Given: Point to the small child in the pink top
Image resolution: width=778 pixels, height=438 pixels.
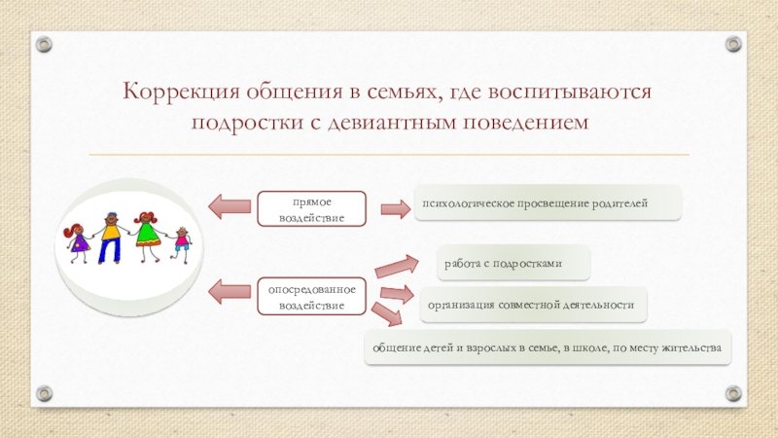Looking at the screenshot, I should pyautogui.click(x=181, y=244).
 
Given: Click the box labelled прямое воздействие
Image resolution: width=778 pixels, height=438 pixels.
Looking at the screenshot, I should pyautogui.click(x=312, y=208).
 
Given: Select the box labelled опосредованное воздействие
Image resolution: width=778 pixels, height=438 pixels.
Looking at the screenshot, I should pyautogui.click(x=312, y=296).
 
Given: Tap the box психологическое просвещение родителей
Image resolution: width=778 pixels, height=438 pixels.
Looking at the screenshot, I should pyautogui.click(x=548, y=202).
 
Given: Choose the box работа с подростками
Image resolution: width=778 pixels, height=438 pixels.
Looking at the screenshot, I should pyautogui.click(x=504, y=263).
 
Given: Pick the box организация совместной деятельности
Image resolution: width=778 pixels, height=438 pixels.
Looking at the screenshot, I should pyautogui.click(x=532, y=305).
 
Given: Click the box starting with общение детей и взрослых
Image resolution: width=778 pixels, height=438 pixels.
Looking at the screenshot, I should pyautogui.click(x=548, y=347).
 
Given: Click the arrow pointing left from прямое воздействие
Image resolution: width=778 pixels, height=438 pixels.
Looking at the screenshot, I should pyautogui.click(x=230, y=205).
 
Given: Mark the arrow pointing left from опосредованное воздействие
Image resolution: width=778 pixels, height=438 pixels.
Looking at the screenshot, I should pyautogui.click(x=230, y=290).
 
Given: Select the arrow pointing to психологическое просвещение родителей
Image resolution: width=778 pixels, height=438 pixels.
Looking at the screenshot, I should pyautogui.click(x=394, y=208).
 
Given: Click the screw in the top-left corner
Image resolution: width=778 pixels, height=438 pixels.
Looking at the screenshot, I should pyautogui.click(x=43, y=43).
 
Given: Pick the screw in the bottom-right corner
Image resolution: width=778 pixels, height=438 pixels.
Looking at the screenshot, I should pyautogui.click(x=734, y=393).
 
